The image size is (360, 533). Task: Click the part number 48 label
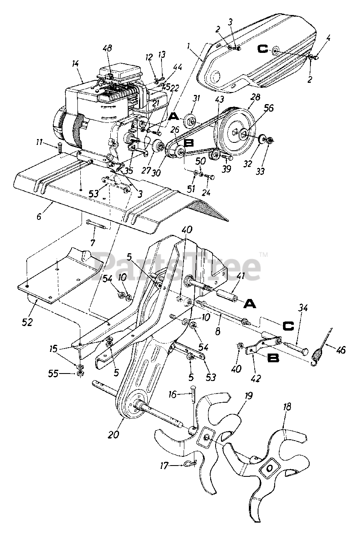(x=107, y=49)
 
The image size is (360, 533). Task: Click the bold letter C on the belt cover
(x=263, y=50)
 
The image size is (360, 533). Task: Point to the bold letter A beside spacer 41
(x=249, y=305)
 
